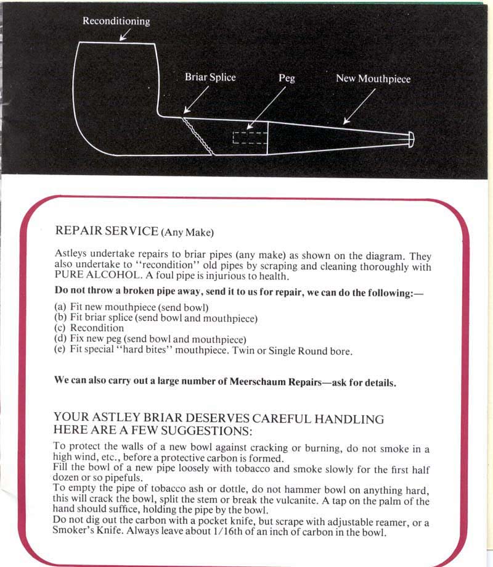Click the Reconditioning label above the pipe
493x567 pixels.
(116, 21)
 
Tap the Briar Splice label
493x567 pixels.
(210, 78)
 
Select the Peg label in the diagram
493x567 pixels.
(287, 78)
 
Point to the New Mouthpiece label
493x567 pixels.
(373, 78)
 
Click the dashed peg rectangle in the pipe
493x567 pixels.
(250, 137)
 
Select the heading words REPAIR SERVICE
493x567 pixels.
(107, 231)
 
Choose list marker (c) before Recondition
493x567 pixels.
(60, 328)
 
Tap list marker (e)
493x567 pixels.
(60, 350)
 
